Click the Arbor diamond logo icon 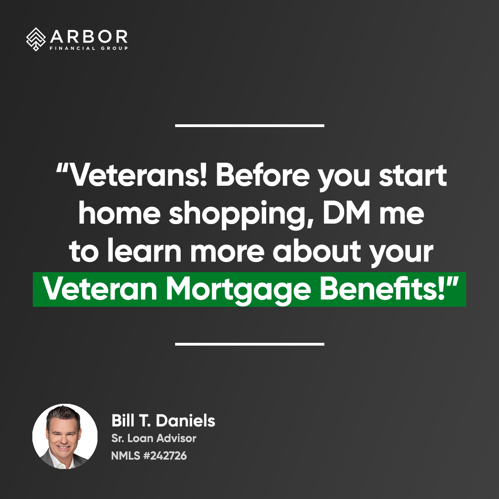[36, 39]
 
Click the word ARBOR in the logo [89, 37]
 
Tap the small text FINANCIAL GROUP [89, 49]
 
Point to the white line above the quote [249, 126]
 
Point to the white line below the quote [249, 344]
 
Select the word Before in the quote [262, 176]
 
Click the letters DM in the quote [347, 213]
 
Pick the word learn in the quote [144, 250]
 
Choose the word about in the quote [316, 250]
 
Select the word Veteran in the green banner [100, 288]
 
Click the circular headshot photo [65, 436]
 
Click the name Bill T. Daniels [163, 421]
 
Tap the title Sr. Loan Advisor [154, 438]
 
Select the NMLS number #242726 [165, 456]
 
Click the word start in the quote [413, 176]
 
